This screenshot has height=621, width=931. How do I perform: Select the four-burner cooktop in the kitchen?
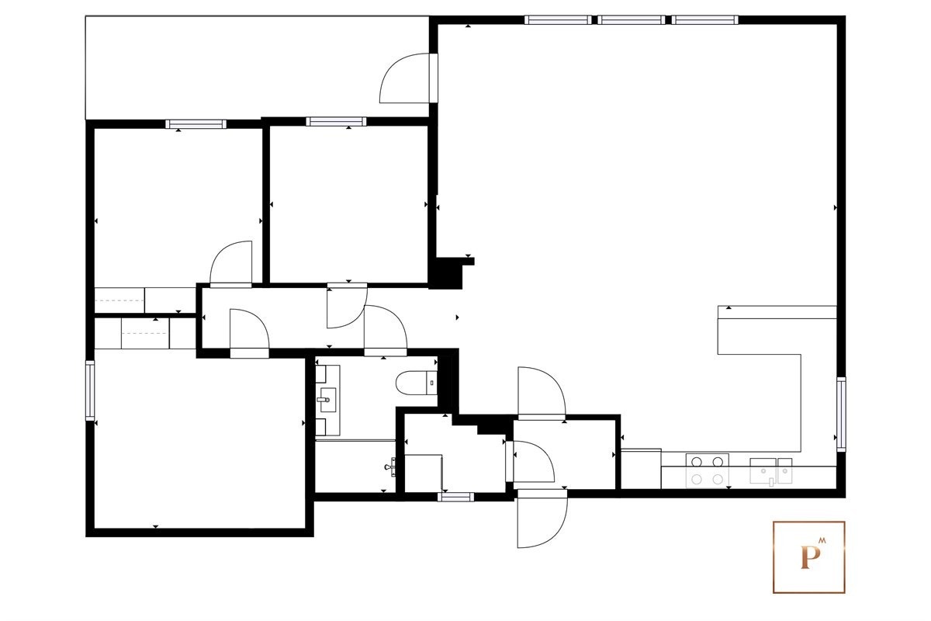[x=708, y=470]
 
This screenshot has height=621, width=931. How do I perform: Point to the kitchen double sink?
[x=771, y=470]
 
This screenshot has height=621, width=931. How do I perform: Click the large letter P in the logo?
[x=807, y=557]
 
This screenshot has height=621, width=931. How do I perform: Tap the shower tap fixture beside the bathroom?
[x=393, y=467]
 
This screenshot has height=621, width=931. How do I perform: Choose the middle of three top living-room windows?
[x=632, y=20]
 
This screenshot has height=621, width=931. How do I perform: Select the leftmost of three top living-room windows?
[x=557, y=20]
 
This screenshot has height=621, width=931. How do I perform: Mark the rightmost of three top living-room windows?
[x=704, y=20]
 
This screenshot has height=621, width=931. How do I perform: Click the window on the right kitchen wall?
[x=841, y=414]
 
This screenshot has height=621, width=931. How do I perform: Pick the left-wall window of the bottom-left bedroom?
[x=90, y=391]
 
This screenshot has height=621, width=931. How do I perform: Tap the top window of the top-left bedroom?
[x=196, y=123]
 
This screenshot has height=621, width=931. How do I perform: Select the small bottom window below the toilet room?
[x=455, y=497]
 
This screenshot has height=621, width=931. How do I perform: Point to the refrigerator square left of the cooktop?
[x=642, y=469]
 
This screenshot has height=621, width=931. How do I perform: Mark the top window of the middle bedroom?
[x=336, y=121]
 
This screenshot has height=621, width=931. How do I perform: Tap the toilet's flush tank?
[x=431, y=383]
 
